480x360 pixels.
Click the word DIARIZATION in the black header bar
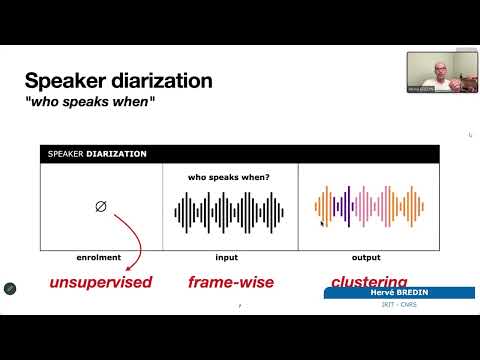115,154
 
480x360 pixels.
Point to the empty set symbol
100,208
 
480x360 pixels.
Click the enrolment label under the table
99,257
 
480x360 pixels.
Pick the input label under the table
228,257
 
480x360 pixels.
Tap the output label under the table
366,257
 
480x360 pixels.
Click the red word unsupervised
101,282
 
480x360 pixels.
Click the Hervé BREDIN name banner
399,292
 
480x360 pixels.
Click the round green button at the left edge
9,288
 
